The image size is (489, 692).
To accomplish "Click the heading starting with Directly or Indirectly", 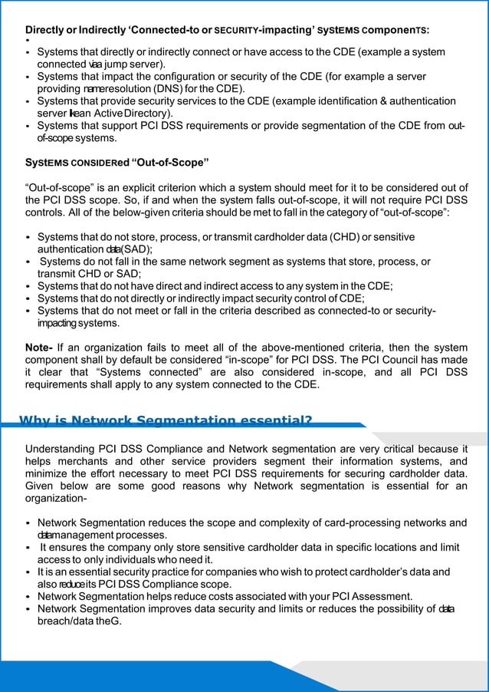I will coord(227,30).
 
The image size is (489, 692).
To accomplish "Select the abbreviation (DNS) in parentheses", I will coord(175,89).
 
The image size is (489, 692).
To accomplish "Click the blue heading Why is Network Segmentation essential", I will coord(166,420).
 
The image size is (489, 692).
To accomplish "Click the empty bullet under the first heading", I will coord(27,41).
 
